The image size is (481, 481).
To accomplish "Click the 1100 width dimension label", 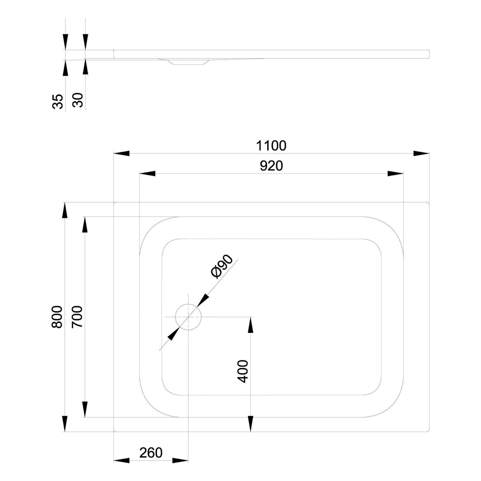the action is point(271,146).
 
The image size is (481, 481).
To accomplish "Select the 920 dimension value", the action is point(271,166).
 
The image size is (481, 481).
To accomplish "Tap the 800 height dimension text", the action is point(57,317).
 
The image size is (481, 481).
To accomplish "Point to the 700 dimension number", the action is point(77,317).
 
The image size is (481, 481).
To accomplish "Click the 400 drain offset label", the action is point(243,371).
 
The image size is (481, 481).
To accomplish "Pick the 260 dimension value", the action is point(151,452).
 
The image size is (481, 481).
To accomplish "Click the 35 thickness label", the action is point(58,102).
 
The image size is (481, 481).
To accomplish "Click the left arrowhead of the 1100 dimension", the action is point(122,153).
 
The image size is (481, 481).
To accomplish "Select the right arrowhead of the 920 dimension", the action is point(395,174).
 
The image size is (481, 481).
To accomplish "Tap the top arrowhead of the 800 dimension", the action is point(65,210).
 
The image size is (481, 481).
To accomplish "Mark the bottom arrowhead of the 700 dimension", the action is point(85,409).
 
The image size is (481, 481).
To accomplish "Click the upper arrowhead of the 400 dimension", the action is point(251,325).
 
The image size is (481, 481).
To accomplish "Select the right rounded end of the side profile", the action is point(428,54).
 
